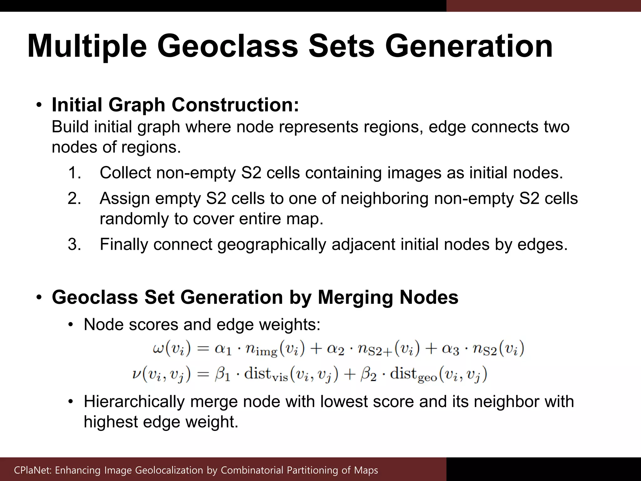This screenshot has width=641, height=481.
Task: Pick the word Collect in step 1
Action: point(125,173)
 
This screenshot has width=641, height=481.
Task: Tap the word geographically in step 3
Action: point(272,244)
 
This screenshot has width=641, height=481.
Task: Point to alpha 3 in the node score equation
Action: point(450,349)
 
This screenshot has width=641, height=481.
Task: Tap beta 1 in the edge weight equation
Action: point(223,375)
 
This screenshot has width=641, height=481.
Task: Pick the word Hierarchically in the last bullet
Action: point(134,402)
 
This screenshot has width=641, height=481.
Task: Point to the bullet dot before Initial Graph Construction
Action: point(38,105)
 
